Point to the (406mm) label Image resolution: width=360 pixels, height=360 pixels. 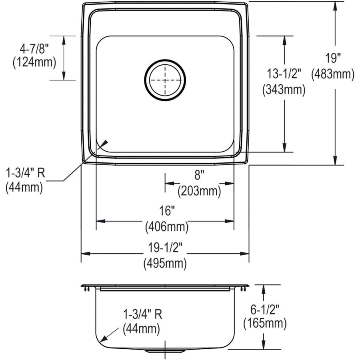(x=166, y=227)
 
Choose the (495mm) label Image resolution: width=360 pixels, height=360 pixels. (x=165, y=263)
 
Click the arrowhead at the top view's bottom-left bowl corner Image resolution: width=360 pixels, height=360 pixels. (x=105, y=142)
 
